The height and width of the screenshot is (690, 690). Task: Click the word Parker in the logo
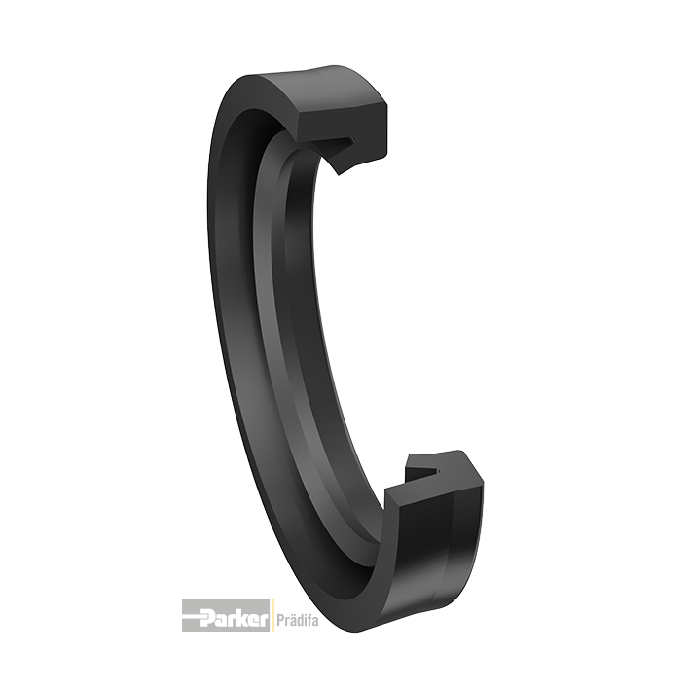click(235, 616)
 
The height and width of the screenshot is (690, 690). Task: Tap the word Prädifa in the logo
click(296, 616)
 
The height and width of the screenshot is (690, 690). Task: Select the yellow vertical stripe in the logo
click(272, 615)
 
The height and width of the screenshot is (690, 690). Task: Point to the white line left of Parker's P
click(192, 615)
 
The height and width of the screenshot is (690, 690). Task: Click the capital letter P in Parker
click(207, 616)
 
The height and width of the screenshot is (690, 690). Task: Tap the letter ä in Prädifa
click(290, 616)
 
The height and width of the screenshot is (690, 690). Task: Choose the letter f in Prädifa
click(307, 616)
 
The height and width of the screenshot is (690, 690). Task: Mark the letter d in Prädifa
click(297, 616)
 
